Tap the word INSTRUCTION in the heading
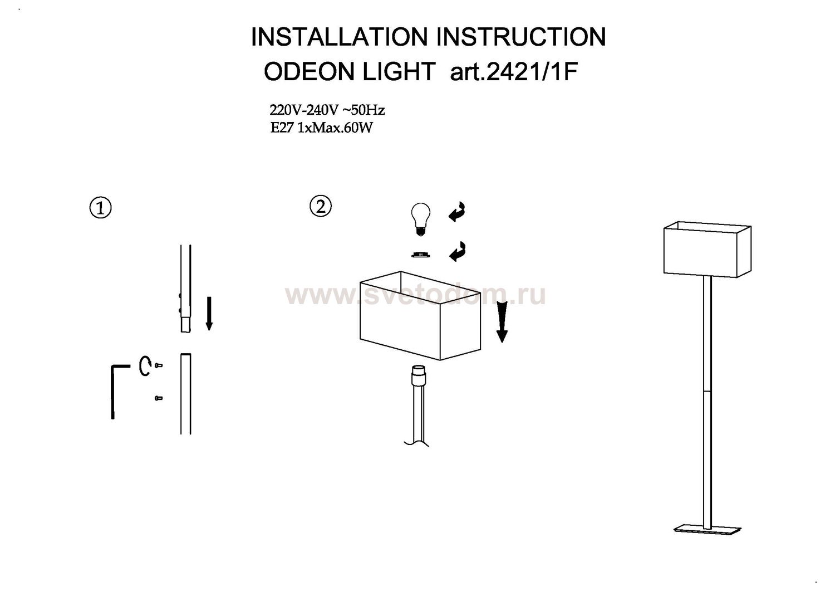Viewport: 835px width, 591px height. pos(521,37)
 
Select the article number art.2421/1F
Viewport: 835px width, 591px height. pos(514,71)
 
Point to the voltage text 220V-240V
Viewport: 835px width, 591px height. pos(304,110)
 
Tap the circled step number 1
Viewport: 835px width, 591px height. pos(101,208)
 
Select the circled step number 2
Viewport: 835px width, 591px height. pos(321,206)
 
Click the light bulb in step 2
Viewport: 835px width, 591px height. pos(420,219)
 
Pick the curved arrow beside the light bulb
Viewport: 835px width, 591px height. pos(457,212)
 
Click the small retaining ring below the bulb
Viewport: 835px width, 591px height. pos(421,255)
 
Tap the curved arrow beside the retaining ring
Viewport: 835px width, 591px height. pos(458,252)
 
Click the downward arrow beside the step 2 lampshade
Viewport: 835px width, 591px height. pos(502,321)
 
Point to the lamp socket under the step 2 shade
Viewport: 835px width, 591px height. pos(419,376)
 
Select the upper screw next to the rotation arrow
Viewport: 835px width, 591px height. pos(159,365)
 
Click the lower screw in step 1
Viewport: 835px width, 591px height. pos(159,398)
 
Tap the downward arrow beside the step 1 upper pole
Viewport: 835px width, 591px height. pos(209,314)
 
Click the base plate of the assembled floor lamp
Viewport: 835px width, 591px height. pos(707,530)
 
